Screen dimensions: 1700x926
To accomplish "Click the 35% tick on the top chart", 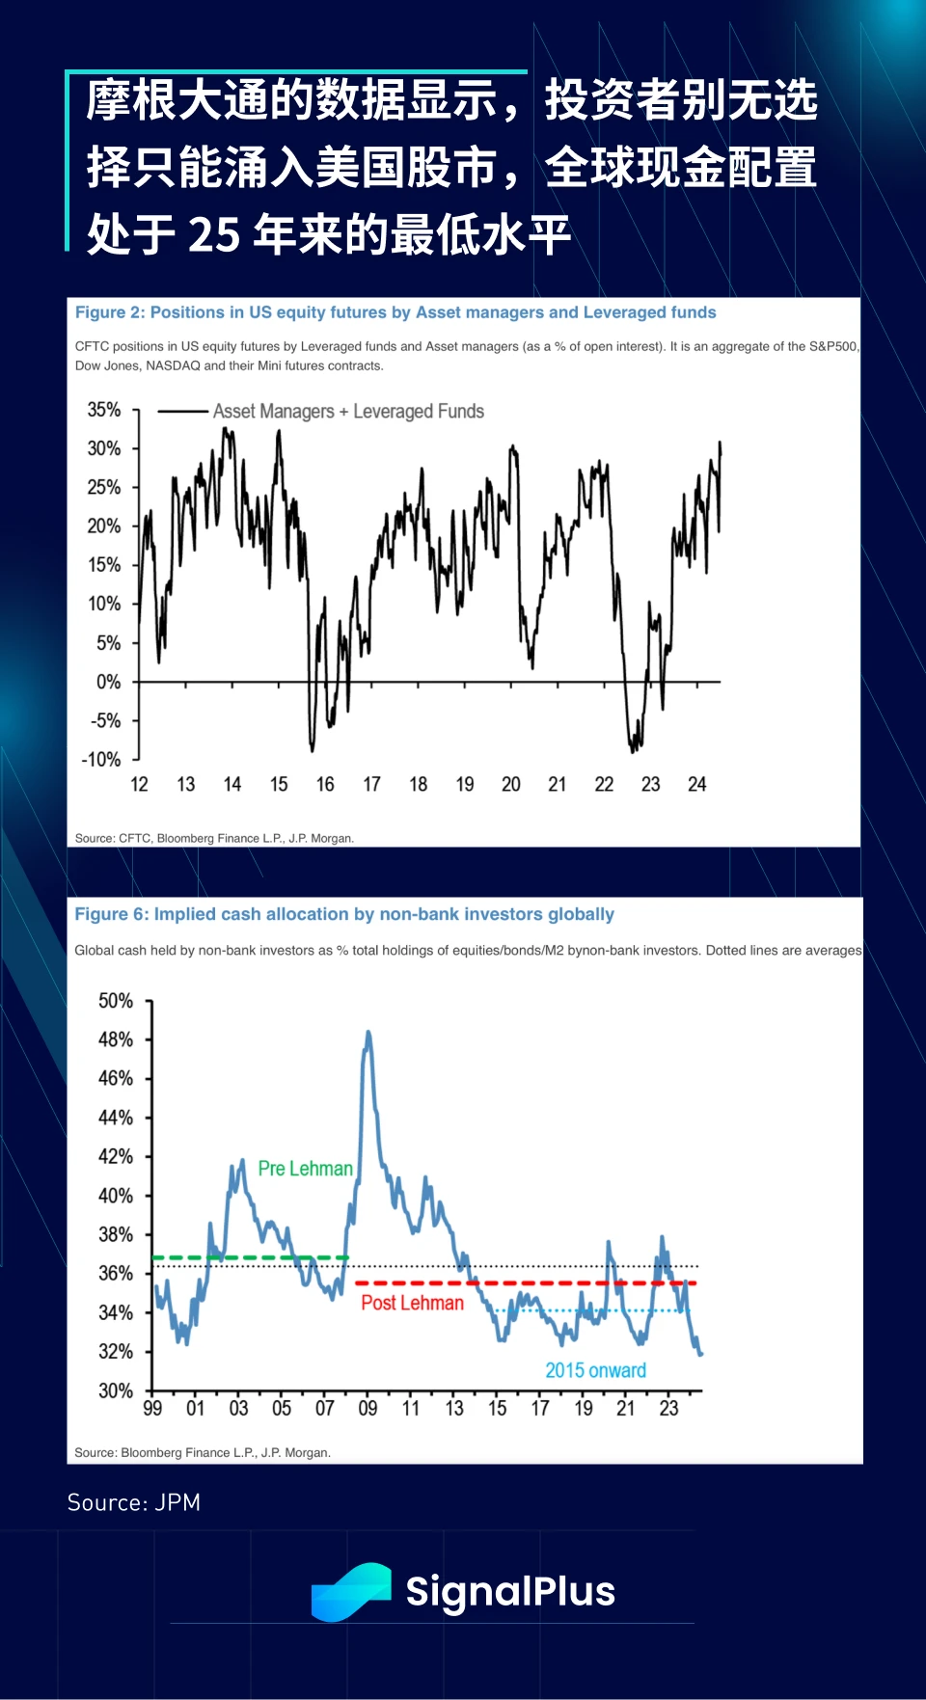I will click(x=104, y=410).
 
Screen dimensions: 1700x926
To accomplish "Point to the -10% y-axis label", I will click(x=101, y=760).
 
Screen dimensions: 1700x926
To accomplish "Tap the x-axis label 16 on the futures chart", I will click(x=325, y=785).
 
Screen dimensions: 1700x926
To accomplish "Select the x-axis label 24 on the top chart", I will click(x=696, y=785).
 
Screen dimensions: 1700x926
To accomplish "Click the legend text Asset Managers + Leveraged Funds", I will click(x=348, y=412).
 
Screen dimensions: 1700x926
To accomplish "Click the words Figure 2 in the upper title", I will click(x=109, y=312).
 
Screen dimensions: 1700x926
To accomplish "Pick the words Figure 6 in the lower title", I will click(x=111, y=914).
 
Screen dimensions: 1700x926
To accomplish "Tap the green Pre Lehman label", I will click(x=305, y=1169).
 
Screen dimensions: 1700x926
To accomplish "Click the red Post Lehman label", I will click(x=412, y=1303).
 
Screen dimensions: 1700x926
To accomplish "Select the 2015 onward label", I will click(x=595, y=1370).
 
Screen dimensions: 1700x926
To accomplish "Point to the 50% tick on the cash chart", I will click(x=116, y=1001).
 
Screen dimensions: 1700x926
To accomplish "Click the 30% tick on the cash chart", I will click(x=116, y=1390).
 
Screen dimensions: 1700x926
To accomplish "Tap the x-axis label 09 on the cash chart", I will click(x=368, y=1409).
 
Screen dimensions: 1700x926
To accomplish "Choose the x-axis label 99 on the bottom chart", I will click(x=152, y=1409).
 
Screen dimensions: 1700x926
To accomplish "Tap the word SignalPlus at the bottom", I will click(x=510, y=1591).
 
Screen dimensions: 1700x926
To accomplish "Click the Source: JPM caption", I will click(x=134, y=1502).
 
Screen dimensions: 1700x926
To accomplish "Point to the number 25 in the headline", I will click(x=213, y=234).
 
